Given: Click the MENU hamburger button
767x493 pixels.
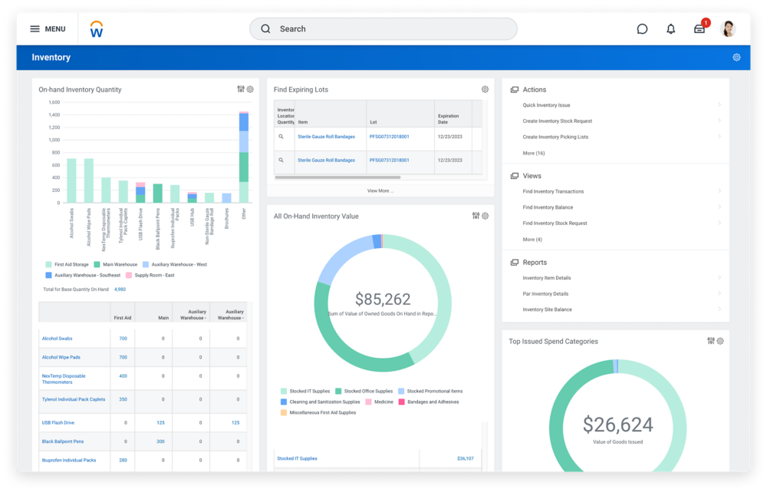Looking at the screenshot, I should coord(47,29).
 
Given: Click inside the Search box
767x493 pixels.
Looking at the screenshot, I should coord(383,29).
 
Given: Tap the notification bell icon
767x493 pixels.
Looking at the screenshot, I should coord(671,29).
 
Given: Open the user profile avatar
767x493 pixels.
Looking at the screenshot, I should coord(728,29).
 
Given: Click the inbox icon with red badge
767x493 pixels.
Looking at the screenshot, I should coord(700,29).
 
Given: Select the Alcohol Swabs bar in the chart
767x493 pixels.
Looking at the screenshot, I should coord(71,180).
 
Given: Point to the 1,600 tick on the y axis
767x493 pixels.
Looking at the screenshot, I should coord(54,102).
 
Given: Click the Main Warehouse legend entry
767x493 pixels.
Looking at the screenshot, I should coord(118,265).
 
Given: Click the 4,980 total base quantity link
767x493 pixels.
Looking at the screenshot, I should coord(120,290).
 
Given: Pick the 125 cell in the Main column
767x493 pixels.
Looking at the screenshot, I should coord(161,422).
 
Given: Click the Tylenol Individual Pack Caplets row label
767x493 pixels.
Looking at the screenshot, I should coord(74,399).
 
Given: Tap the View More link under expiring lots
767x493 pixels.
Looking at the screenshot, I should coord(380,190).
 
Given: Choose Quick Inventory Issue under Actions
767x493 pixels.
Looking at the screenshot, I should coord(546,105).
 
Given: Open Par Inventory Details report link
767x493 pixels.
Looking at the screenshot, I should coord(545,294).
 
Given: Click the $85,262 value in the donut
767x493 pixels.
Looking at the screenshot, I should coord(383,299).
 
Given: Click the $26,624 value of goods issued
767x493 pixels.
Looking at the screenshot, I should coord(617,425).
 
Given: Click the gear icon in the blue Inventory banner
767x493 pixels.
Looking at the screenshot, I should coord(736,58).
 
